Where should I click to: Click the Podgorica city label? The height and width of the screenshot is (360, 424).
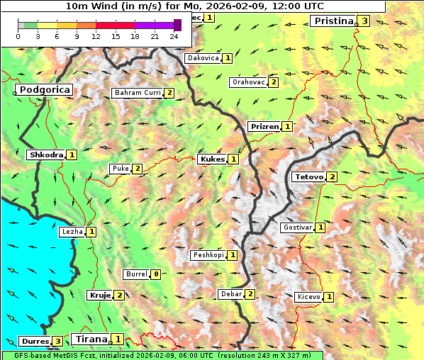(x=44, y=90)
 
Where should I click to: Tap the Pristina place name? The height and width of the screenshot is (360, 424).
(x=333, y=21)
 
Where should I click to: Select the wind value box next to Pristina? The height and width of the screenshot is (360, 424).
(x=364, y=21)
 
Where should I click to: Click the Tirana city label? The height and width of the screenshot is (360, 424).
(x=90, y=339)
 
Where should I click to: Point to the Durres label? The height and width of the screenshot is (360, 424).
(x=33, y=341)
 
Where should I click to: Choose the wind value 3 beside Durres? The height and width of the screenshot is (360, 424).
(x=57, y=341)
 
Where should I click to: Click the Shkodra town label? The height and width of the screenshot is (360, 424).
(x=46, y=154)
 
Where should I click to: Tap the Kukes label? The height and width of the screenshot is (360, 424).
(x=212, y=159)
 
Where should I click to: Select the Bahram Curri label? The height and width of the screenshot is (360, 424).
(x=138, y=93)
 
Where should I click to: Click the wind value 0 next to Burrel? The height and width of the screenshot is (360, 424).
(x=155, y=274)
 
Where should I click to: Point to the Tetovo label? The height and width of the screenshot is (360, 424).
(x=308, y=176)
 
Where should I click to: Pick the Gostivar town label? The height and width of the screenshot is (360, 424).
(x=297, y=227)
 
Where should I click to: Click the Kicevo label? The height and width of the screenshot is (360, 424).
(x=308, y=297)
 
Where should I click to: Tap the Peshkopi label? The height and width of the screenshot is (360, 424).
(x=208, y=254)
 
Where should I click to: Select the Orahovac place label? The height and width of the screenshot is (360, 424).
(x=248, y=82)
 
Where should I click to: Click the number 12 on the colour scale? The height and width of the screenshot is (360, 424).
(x=96, y=35)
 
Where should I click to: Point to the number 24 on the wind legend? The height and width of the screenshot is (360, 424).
(x=174, y=35)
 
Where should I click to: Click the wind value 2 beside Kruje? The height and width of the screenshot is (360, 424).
(x=120, y=295)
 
